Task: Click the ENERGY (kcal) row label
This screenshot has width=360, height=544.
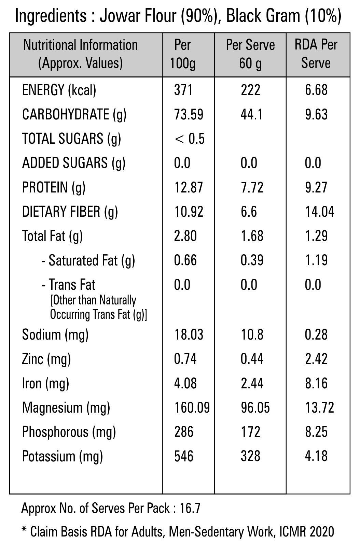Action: pos(59,90)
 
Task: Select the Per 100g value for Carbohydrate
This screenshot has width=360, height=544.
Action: pos(189,114)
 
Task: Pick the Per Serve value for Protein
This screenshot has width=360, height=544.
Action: pos(252,187)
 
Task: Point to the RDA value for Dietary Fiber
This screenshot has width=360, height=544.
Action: pos(319,212)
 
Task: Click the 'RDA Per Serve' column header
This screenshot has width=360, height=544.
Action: pos(316,54)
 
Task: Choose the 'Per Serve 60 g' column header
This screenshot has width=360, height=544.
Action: pos(250,54)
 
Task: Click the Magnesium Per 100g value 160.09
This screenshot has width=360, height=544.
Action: pos(192,407)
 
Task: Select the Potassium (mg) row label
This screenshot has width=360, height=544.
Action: pos(63,456)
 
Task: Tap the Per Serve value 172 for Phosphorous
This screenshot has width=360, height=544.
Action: pos(250,432)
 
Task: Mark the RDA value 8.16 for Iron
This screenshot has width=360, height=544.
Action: pos(316,383)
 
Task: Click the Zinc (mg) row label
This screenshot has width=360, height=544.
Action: pos(46,359)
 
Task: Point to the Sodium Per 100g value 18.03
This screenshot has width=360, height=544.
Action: pos(189,334)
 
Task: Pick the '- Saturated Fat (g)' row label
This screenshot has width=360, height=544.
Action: pos(88,261)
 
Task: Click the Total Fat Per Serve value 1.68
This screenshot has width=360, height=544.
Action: pos(252,236)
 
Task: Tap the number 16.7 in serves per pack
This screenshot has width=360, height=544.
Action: pos(190,509)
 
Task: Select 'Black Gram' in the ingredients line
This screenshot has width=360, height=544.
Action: pos(263,16)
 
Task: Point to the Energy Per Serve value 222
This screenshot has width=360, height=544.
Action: pos(250,90)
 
